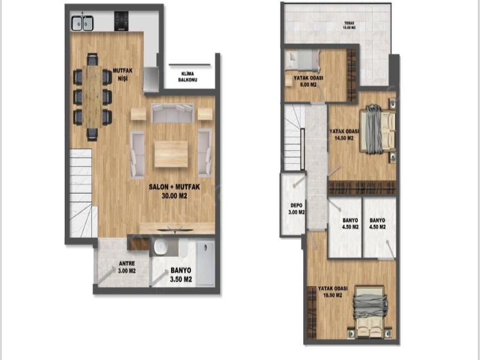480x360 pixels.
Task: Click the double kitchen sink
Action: [x=82, y=23]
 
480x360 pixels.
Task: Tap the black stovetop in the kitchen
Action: [x=121, y=21]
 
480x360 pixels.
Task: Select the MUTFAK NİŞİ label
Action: [x=123, y=74]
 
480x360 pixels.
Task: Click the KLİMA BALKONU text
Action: [x=187, y=77]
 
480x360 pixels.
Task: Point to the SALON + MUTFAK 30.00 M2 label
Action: [x=174, y=191]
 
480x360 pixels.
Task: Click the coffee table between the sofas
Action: [x=171, y=154]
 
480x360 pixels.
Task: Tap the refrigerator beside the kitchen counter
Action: [x=151, y=79]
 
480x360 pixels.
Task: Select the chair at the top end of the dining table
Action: [x=93, y=60]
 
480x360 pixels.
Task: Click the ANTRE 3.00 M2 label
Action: [x=127, y=267]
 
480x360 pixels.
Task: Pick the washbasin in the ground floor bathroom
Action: [x=160, y=247]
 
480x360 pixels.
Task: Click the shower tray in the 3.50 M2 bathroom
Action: [x=205, y=263]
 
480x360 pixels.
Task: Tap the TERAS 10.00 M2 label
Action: [x=349, y=25]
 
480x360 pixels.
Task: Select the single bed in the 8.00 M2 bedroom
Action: [x=302, y=60]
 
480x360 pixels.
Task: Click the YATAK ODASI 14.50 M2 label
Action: [x=344, y=135]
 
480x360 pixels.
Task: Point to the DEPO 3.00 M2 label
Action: [x=297, y=209]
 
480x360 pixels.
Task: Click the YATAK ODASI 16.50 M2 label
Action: [x=333, y=292]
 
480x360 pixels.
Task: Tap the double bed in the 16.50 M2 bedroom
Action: [x=370, y=312]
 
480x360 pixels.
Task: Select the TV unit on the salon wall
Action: [x=177, y=229]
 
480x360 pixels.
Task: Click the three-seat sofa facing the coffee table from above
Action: [x=173, y=113]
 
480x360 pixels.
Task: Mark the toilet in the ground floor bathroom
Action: [x=183, y=248]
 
